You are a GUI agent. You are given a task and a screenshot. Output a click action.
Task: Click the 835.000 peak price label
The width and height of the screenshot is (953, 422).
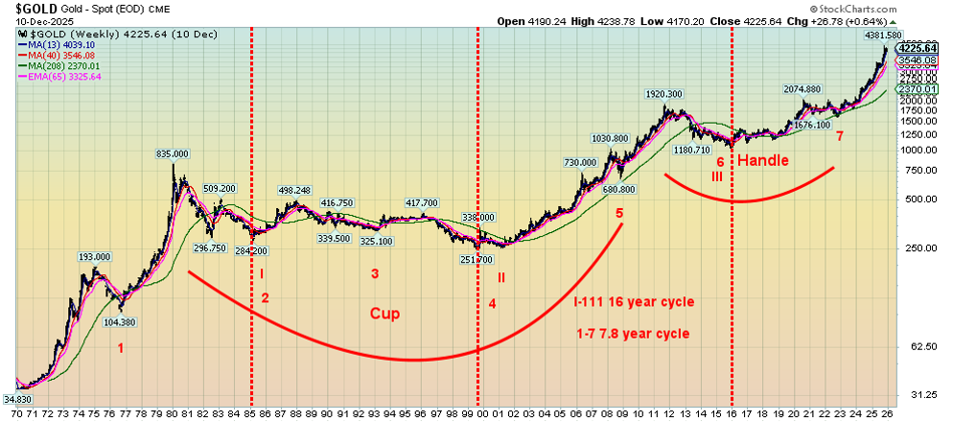pyautogui.click(x=174, y=153)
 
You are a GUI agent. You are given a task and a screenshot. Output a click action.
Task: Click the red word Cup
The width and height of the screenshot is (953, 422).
pyautogui.click(x=385, y=314)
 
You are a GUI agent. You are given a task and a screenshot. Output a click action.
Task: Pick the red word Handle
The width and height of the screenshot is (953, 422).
pyautogui.click(x=762, y=160)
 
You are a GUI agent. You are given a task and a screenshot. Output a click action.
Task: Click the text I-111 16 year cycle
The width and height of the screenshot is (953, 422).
pyautogui.click(x=633, y=302)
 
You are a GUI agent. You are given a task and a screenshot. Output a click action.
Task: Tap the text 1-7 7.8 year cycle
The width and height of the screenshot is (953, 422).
pyautogui.click(x=635, y=334)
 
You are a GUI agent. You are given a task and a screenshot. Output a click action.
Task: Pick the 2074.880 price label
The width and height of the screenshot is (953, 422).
pyautogui.click(x=802, y=89)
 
